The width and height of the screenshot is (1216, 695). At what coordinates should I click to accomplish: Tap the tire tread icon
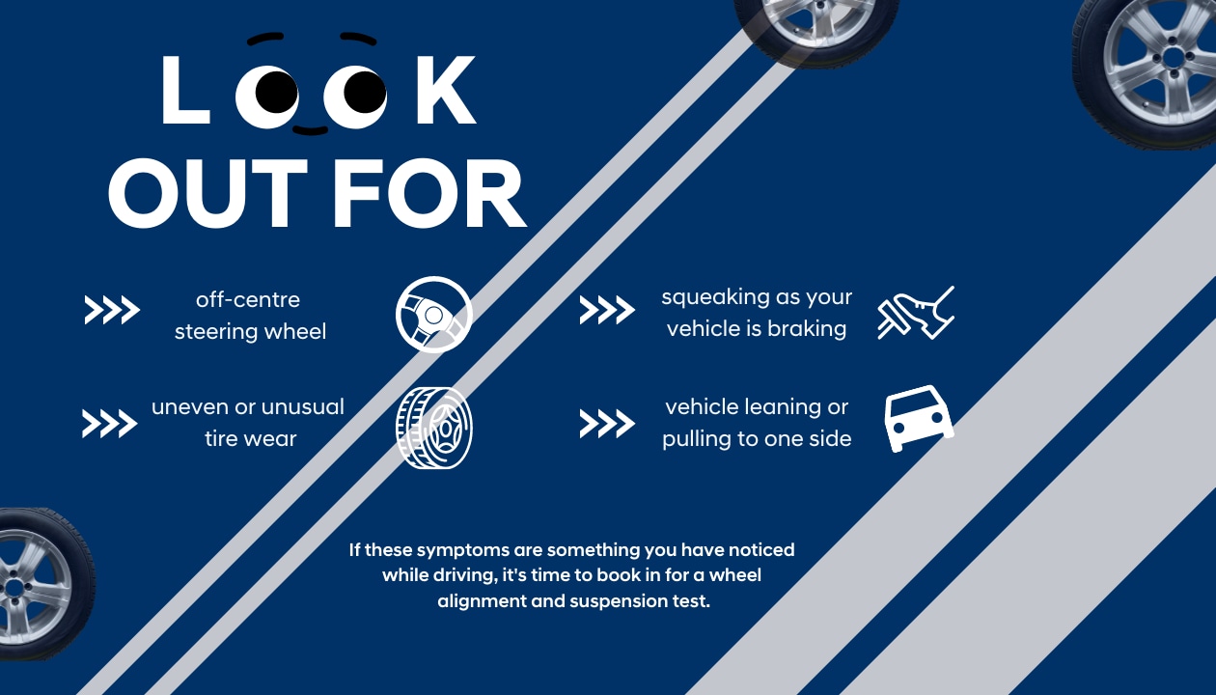pos(433,428)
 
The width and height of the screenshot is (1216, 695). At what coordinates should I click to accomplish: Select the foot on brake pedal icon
pos(916,314)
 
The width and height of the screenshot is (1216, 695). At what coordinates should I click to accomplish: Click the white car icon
pos(919,418)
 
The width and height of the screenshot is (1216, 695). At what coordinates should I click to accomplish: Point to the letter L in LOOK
pos(185,90)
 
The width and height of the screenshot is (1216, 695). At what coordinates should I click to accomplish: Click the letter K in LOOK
pos(446,90)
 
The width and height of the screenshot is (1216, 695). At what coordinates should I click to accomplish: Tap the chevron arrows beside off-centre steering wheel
pos(112,310)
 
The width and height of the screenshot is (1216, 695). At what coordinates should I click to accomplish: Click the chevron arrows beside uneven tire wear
pos(110,424)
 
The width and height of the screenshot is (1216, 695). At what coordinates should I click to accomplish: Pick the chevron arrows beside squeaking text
pos(607,310)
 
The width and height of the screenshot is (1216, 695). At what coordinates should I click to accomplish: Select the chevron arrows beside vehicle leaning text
pos(607,424)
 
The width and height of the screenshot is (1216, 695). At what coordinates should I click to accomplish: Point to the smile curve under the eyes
pos(311,130)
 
